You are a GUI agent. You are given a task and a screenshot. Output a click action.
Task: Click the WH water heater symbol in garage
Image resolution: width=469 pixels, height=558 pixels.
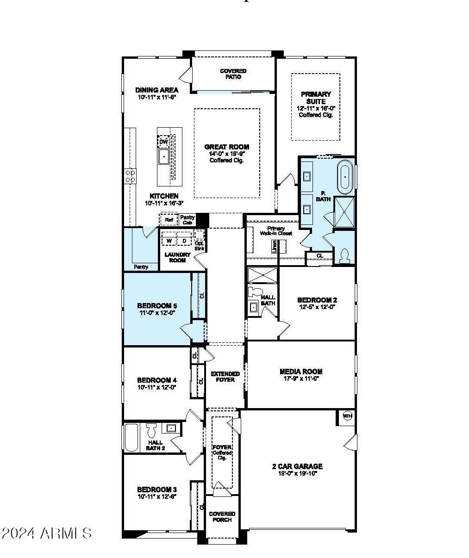[x=347, y=416]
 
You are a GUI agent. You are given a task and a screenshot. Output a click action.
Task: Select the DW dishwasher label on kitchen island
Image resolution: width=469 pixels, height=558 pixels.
[x=163, y=142]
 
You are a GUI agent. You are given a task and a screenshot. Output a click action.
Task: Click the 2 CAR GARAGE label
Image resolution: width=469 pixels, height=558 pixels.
[x=297, y=466]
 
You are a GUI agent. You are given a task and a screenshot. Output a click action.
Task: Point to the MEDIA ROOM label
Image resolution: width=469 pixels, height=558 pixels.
[x=301, y=372]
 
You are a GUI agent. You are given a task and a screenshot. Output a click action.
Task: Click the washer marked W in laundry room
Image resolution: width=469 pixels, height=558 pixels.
[x=169, y=241]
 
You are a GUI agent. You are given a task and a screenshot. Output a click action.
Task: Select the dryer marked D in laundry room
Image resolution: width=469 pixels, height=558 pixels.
[x=184, y=241]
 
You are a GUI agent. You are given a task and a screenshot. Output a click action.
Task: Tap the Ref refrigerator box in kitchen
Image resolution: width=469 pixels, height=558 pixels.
[x=169, y=220]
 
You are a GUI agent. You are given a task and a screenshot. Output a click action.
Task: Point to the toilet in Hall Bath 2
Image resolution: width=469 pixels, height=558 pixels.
[x=151, y=431]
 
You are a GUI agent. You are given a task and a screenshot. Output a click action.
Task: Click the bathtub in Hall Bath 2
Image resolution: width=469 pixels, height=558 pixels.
[x=131, y=438]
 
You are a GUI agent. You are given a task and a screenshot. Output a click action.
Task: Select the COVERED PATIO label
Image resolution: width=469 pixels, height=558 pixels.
[x=233, y=74]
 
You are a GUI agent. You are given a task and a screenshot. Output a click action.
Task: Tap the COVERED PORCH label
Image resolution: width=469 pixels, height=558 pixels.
[x=222, y=517]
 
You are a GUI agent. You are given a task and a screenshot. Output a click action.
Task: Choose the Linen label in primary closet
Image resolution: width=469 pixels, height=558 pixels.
[x=275, y=246]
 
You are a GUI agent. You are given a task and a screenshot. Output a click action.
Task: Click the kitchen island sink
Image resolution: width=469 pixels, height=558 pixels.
[x=164, y=157]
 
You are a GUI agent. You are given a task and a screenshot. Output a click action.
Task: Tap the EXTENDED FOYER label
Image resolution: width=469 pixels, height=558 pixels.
[x=225, y=377]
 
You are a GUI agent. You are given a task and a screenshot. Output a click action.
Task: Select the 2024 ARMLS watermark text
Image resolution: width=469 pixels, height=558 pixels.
[x=47, y=533]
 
